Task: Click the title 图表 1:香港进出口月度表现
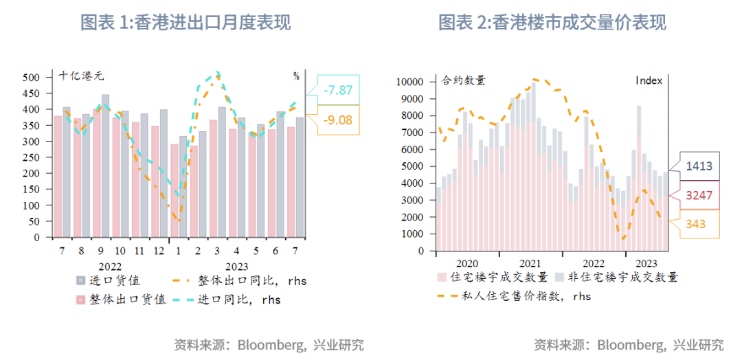pyautogui.click(x=185, y=22)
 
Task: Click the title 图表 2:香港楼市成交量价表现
pyautogui.click(x=552, y=22)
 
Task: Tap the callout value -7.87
pyautogui.click(x=337, y=90)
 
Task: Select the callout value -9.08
pyautogui.click(x=337, y=120)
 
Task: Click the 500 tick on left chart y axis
pyautogui.click(x=32, y=77)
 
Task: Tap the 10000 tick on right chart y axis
pyautogui.click(x=412, y=82)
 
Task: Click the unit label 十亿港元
pyautogui.click(x=81, y=76)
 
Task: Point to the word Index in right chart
pyautogui.click(x=649, y=80)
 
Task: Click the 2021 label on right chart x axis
pyautogui.click(x=530, y=263)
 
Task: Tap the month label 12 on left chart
pyautogui.click(x=159, y=251)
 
